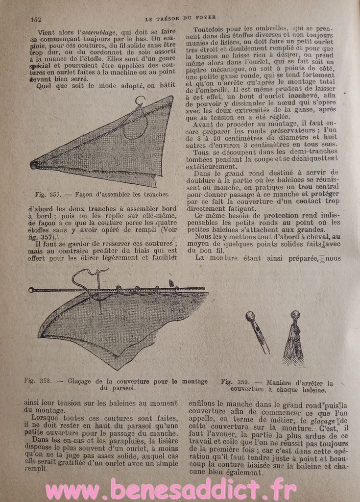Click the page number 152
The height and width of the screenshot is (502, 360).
point(35,19)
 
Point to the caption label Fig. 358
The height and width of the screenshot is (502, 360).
point(37,381)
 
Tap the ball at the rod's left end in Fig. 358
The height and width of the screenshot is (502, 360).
point(32,291)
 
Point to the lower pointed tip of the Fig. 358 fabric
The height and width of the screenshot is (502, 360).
point(116,368)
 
